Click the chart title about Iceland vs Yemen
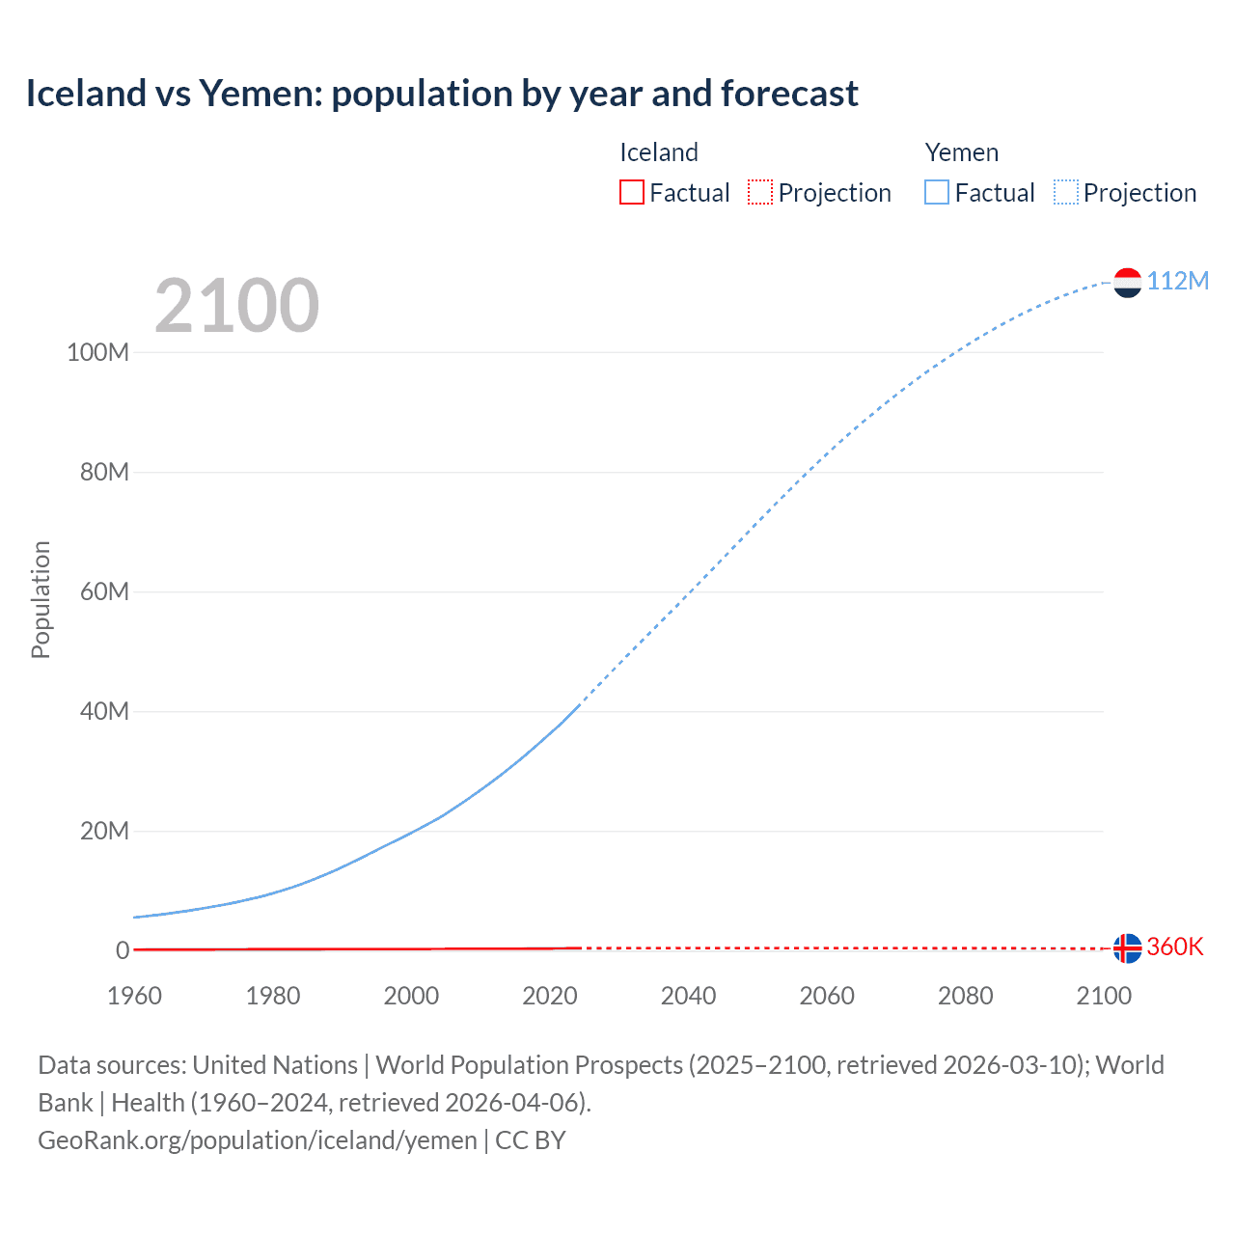[441, 94]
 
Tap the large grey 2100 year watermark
[236, 306]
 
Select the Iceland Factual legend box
[632, 192]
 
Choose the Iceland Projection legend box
[760, 192]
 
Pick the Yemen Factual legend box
[937, 192]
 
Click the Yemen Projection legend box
[1066, 192]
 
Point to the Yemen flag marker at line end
[1127, 282]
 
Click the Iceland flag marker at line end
[1127, 948]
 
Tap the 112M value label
[1177, 281]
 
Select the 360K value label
[1175, 947]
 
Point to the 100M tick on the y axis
[97, 352]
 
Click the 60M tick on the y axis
[103, 591]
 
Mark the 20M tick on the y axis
[103, 831]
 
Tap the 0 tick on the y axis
[123, 950]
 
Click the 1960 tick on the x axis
[134, 996]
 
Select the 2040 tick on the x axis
[688, 996]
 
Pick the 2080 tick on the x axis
[965, 996]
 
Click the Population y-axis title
[41, 599]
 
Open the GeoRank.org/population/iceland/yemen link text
[258, 1140]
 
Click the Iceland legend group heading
[658, 152]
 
